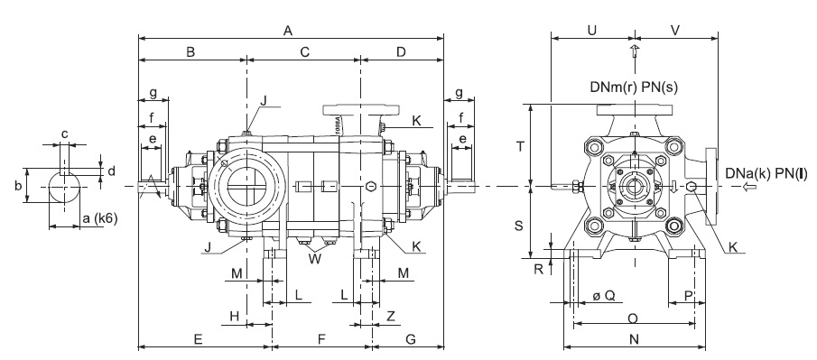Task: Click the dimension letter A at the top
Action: click(288, 31)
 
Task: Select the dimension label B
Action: click(190, 51)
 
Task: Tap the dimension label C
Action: click(305, 51)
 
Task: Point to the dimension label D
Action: click(401, 51)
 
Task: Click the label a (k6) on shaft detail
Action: click(100, 219)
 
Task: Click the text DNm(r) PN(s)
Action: click(634, 87)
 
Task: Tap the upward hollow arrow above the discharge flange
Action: click(635, 51)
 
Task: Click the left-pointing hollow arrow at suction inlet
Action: click(750, 187)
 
